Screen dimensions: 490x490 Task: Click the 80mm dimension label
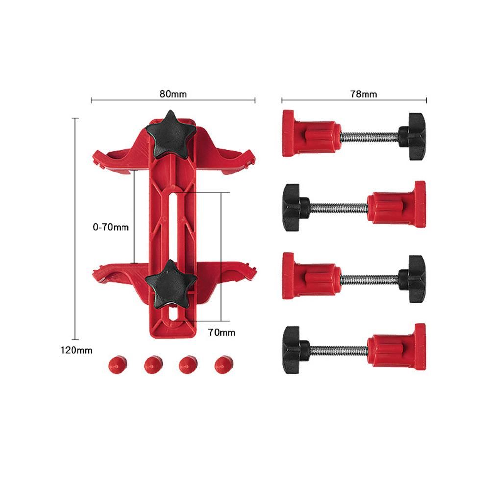click(173, 94)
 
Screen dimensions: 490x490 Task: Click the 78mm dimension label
click(364, 94)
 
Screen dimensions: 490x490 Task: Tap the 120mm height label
click(76, 350)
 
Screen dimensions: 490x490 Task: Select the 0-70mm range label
click(111, 227)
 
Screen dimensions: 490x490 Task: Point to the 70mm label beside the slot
click(221, 332)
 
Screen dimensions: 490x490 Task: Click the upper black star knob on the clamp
click(171, 134)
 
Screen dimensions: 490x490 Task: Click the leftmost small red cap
click(118, 365)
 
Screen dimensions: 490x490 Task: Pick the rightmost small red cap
click(224, 365)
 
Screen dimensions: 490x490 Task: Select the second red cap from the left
click(153, 365)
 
